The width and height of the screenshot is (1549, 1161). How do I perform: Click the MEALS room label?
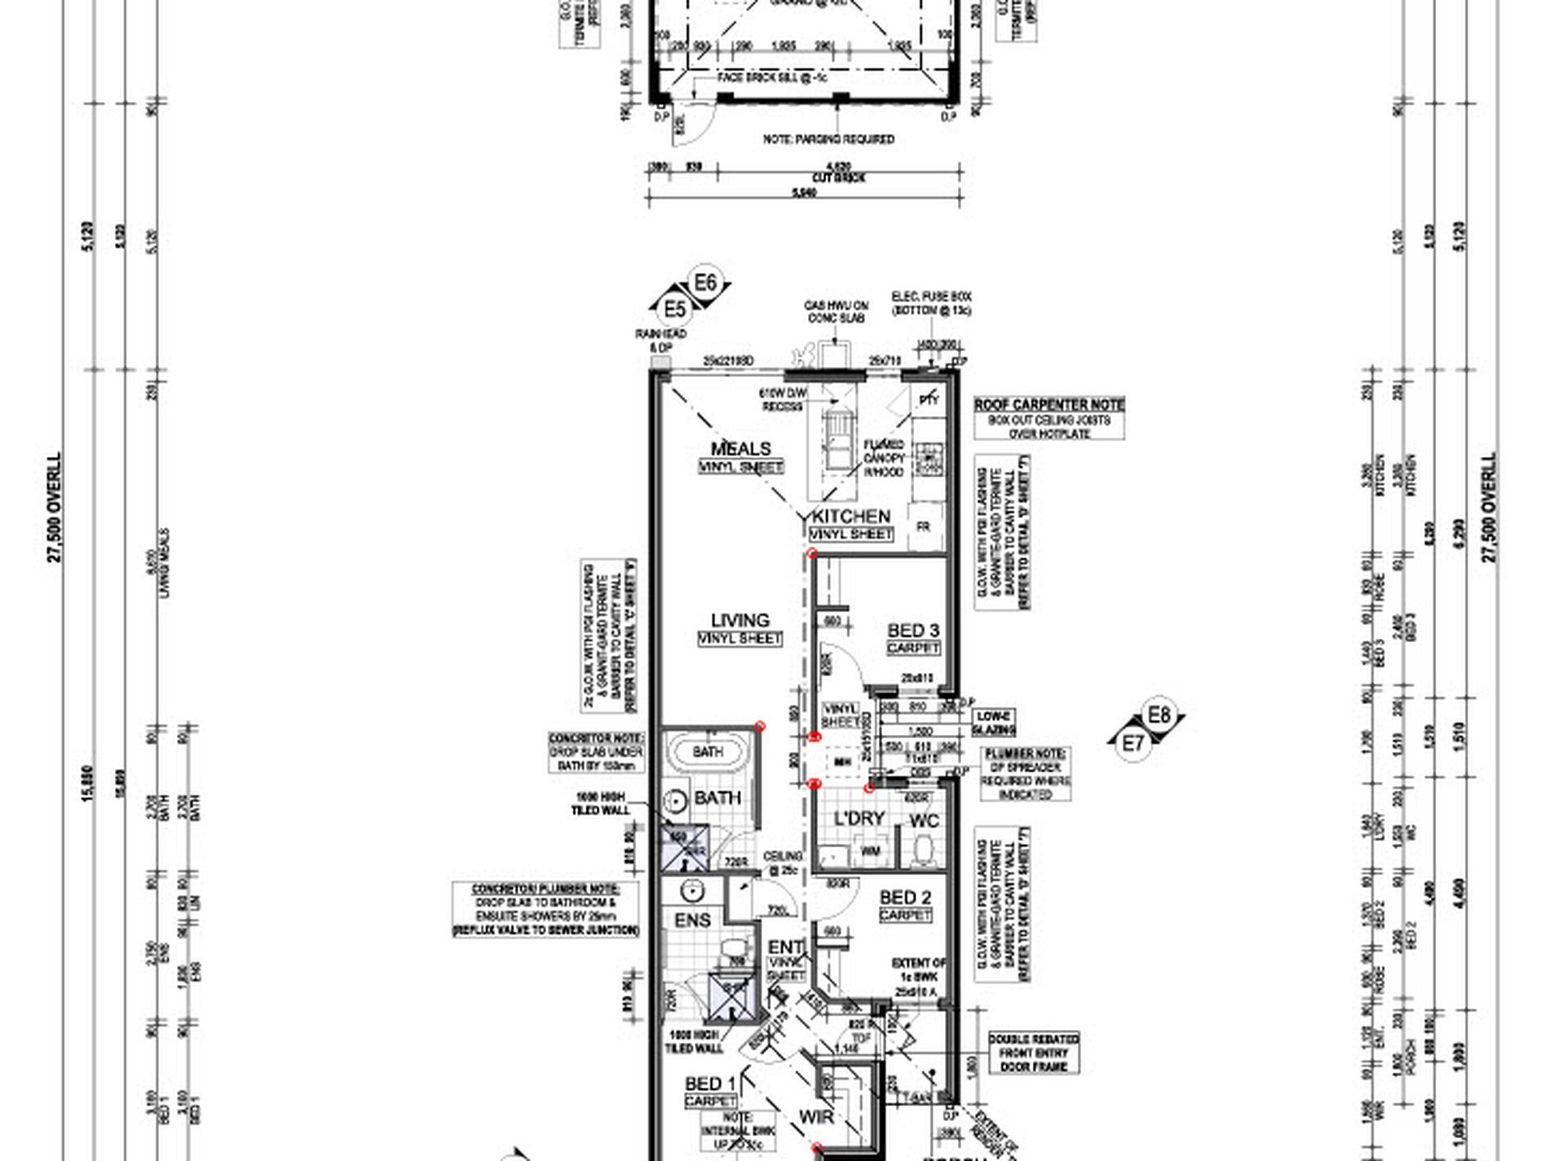(x=740, y=449)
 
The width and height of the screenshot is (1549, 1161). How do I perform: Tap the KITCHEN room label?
(x=851, y=517)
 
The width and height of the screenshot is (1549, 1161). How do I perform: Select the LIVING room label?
(x=739, y=621)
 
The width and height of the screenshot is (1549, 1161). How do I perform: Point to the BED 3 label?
(x=913, y=631)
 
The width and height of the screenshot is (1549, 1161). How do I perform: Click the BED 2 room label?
(x=905, y=898)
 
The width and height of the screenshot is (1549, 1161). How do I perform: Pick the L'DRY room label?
(x=859, y=819)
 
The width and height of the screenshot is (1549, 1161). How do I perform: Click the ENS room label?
(x=693, y=921)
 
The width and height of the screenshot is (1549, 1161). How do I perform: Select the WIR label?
(x=816, y=1117)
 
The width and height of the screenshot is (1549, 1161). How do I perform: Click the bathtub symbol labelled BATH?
(x=707, y=751)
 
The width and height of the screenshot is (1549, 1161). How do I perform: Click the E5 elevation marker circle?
(x=674, y=310)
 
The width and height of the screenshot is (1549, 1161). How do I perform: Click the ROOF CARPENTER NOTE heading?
(x=1049, y=405)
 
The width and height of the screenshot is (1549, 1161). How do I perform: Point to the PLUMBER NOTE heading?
(x=1025, y=754)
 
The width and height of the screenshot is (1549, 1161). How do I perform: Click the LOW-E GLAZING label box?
(x=994, y=722)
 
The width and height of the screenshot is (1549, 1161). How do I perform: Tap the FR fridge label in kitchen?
(x=923, y=527)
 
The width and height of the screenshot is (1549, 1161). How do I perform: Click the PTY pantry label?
(x=929, y=399)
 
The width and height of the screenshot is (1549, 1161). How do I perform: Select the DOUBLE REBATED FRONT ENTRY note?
(x=1034, y=1053)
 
